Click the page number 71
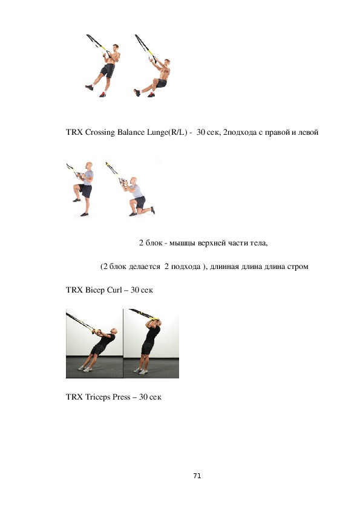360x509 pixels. pos(197,476)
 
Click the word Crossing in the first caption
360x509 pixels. pos(100,132)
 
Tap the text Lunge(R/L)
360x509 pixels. pos(167,132)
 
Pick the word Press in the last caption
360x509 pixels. pos(122,397)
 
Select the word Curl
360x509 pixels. pos(114,290)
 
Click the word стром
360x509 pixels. pos(298,267)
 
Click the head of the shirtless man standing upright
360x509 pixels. pos(116,47)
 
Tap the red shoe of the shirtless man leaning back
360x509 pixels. pos(151,95)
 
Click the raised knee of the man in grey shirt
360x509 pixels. pos(76,187)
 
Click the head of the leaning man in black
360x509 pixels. pos(113,331)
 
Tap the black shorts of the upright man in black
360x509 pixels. pos(147,348)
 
